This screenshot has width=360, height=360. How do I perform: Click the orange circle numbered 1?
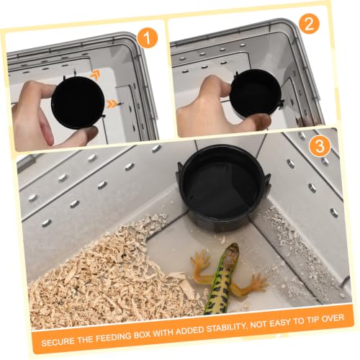click(148, 37)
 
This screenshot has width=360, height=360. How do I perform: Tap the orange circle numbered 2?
click(309, 24)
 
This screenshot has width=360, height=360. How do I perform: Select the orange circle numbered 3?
click(320, 145)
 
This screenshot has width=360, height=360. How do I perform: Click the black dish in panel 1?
click(78, 103)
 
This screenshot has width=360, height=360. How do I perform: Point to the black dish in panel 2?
click(256, 93)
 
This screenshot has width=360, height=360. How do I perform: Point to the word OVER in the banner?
click(332, 318)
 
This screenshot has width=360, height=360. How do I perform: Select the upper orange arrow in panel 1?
click(95, 76)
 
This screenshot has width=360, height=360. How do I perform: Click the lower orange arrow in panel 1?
click(112, 104)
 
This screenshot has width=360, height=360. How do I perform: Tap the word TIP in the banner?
click(310, 320)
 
